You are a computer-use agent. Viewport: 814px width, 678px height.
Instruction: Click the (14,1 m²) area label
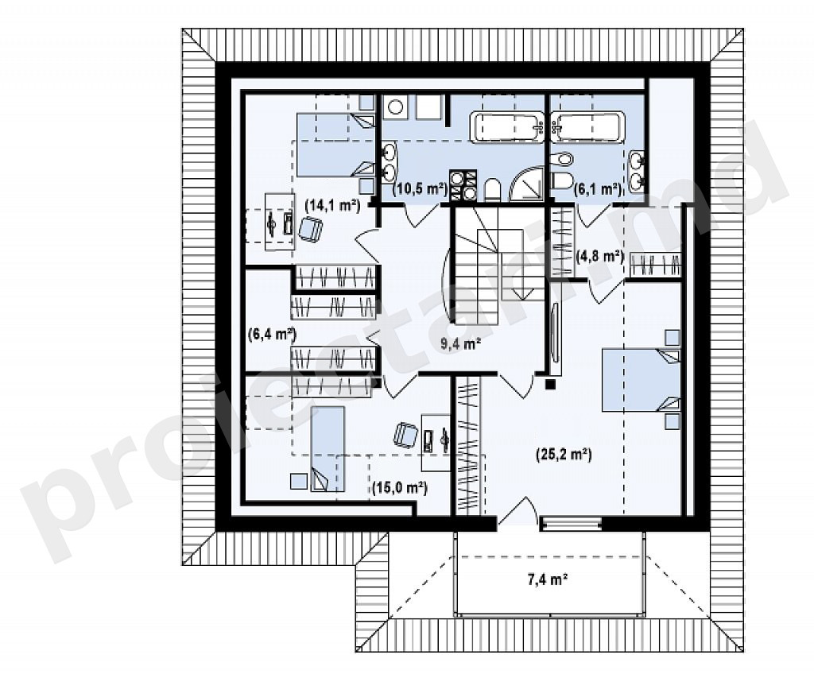click(x=332, y=205)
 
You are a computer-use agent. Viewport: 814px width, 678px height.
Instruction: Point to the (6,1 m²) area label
click(x=597, y=189)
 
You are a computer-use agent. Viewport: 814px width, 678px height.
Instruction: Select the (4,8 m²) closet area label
click(x=600, y=255)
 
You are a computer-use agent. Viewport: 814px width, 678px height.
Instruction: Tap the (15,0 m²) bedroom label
click(x=400, y=487)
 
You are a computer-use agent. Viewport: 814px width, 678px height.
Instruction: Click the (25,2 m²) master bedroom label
click(x=564, y=455)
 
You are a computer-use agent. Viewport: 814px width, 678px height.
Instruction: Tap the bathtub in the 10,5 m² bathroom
click(x=506, y=126)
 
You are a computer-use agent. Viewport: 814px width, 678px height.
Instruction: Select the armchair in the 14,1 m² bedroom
click(x=310, y=230)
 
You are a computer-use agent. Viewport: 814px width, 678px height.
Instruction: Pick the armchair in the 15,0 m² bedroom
click(x=405, y=435)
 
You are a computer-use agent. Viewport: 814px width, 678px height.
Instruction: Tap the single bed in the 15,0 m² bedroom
click(x=327, y=448)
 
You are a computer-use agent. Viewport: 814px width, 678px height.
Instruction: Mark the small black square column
click(x=550, y=384)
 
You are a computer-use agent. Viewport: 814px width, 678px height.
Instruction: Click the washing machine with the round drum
click(x=396, y=107)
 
